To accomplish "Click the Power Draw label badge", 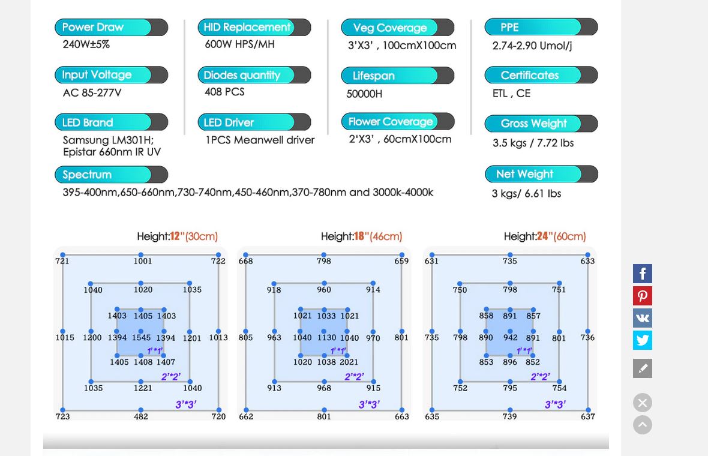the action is [111, 28].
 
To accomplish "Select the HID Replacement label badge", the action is [254, 28].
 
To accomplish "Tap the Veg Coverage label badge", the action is [397, 28].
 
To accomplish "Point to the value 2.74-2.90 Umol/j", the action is [532, 46].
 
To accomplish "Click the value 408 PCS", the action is [224, 92].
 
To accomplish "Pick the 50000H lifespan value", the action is [364, 94].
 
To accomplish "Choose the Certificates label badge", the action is [541, 75].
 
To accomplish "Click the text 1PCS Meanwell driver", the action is [260, 140].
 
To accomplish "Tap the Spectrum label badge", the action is [111, 175].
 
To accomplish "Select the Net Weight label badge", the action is [541, 174].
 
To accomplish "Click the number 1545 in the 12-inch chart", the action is [142, 337].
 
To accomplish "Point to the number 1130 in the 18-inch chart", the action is [326, 337].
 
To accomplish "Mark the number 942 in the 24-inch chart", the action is [510, 337].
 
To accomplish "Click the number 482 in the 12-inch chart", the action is [141, 416].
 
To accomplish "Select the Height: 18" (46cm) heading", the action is [361, 236].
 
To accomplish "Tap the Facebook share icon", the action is [643, 274].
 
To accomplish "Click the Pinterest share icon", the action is [643, 296].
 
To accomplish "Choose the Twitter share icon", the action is [643, 340].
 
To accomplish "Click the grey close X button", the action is [643, 403].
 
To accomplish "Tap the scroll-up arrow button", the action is [643, 425].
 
